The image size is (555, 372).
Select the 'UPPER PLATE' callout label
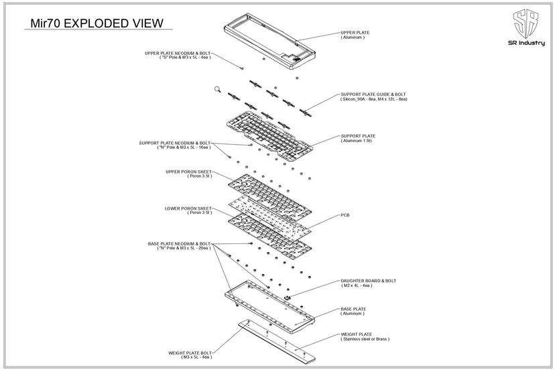pos(355,32)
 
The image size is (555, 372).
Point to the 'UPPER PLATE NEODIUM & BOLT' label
pos(177,53)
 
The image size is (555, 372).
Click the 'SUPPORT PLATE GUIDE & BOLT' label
pos(373,95)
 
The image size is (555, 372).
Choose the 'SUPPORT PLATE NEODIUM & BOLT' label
pos(174,143)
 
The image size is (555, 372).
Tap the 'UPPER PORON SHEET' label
pos(188,172)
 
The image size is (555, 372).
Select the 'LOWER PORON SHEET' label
pos(188,208)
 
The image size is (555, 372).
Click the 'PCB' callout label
pos(345,215)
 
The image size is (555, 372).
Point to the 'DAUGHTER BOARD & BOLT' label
pos(368,281)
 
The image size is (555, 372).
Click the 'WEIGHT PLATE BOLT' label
pos(190,353)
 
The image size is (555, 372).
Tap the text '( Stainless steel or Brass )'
pos(365,339)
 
